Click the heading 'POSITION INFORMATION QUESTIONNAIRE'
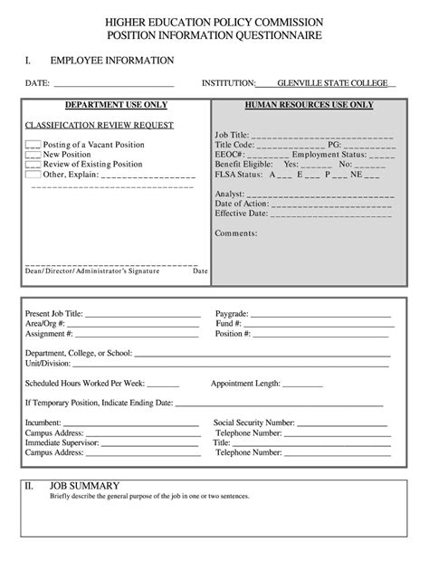214,34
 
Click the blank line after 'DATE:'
114,84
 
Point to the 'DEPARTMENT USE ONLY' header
115,105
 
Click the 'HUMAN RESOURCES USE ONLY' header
309,105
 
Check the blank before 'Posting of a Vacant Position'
33,144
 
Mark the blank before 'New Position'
33,155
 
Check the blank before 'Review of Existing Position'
33,165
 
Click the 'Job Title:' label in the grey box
233,134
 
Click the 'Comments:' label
236,233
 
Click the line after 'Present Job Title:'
143,314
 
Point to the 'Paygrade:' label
232,313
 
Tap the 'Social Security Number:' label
254,423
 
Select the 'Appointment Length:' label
245,383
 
